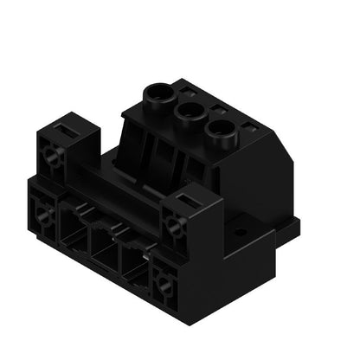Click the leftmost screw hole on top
tap(161, 91)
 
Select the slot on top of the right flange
tap(187, 200)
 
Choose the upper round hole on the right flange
tap(175, 227)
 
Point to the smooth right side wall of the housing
tap(264, 182)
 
